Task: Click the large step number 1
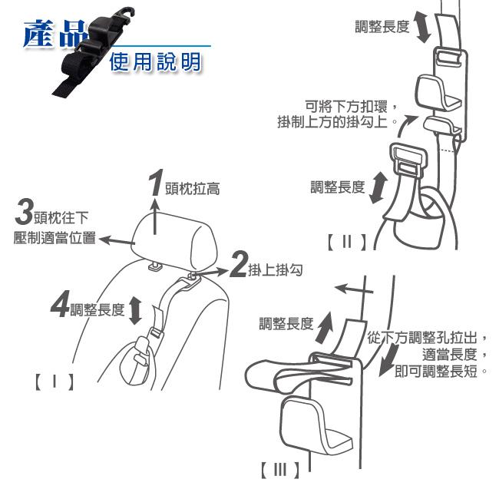tap(157, 183)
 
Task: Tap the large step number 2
tap(238, 264)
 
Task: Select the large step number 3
tap(25, 211)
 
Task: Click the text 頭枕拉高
tap(192, 189)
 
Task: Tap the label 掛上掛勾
tap(276, 270)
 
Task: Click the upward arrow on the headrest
tap(155, 216)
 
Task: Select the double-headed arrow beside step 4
tap(135, 310)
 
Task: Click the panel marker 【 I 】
tap(55, 382)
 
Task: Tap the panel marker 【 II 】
tap(347, 242)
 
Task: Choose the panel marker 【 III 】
tap(280, 470)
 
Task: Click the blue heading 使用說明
tap(155, 61)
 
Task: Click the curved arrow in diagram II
tap(403, 127)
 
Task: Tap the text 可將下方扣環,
tap(351, 107)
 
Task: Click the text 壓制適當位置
tap(55, 238)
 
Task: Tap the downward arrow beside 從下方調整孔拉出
tap(389, 359)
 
